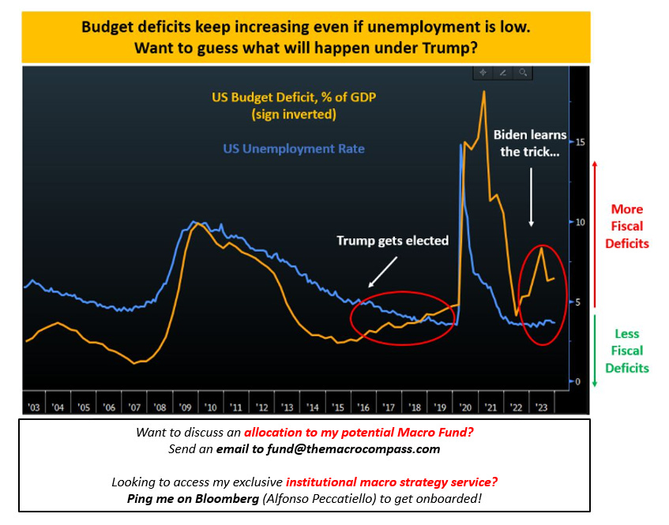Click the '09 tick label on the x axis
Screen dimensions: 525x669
click(185, 407)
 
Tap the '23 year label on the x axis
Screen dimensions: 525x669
click(541, 407)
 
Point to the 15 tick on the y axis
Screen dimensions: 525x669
click(581, 142)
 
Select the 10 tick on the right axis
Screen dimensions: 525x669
click(581, 222)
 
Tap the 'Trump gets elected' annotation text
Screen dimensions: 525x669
click(393, 241)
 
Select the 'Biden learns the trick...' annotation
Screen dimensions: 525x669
click(529, 143)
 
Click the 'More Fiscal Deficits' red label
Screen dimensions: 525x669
click(627, 227)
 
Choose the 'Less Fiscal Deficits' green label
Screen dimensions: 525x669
click(627, 351)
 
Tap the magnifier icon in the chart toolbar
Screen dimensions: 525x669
click(523, 72)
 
